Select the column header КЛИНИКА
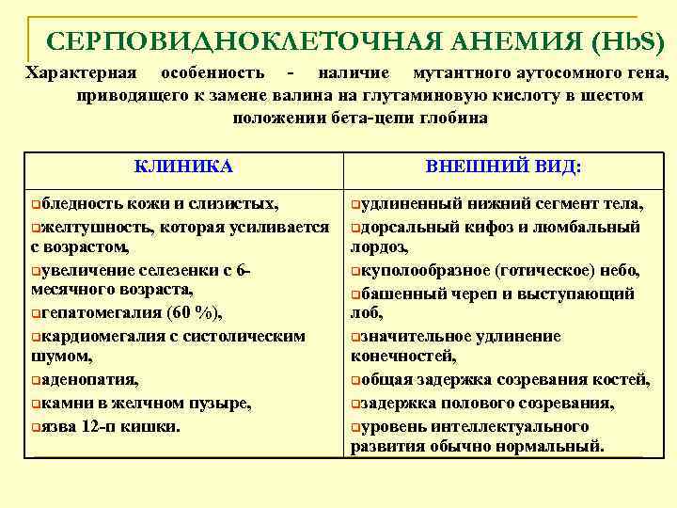pos(183,167)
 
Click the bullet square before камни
pos(35,404)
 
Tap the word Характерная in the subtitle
pos(80,72)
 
